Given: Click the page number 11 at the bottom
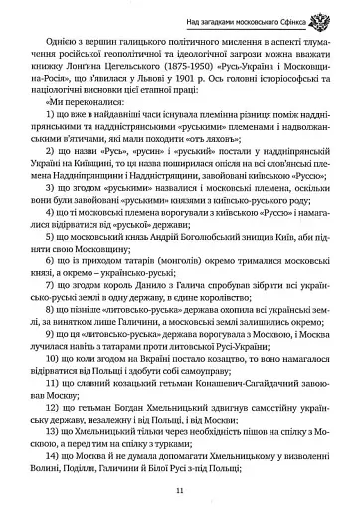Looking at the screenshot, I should point(179,490).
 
